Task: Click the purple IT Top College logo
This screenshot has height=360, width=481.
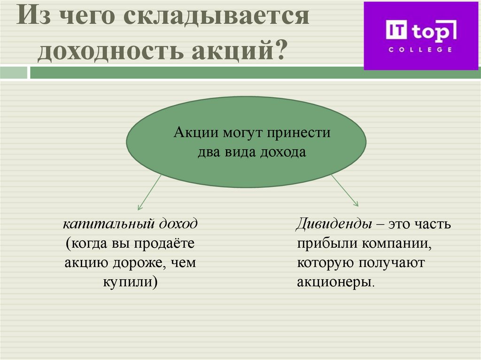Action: [x=421, y=36]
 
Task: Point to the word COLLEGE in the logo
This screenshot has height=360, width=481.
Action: [x=420, y=49]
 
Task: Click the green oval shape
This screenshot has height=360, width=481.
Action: [x=246, y=142]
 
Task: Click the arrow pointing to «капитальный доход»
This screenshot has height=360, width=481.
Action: [x=149, y=192]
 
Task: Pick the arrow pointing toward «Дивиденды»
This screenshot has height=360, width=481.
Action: [x=345, y=191]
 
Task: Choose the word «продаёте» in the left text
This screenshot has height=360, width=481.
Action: [x=165, y=243]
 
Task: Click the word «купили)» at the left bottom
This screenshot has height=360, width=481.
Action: [x=131, y=282]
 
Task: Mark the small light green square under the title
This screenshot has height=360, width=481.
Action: [x=14, y=72]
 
